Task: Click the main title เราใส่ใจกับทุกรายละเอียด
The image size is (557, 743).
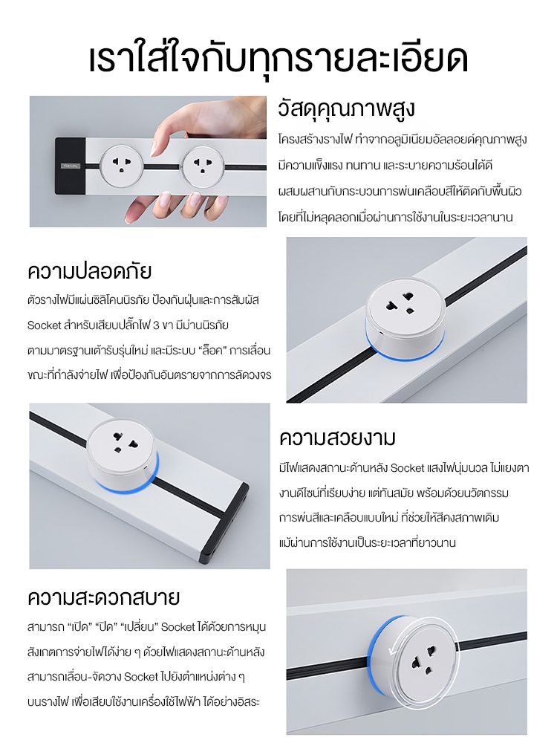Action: click(x=278, y=60)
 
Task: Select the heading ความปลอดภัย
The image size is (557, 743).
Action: click(x=89, y=270)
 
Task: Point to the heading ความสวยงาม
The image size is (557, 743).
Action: click(x=337, y=437)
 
